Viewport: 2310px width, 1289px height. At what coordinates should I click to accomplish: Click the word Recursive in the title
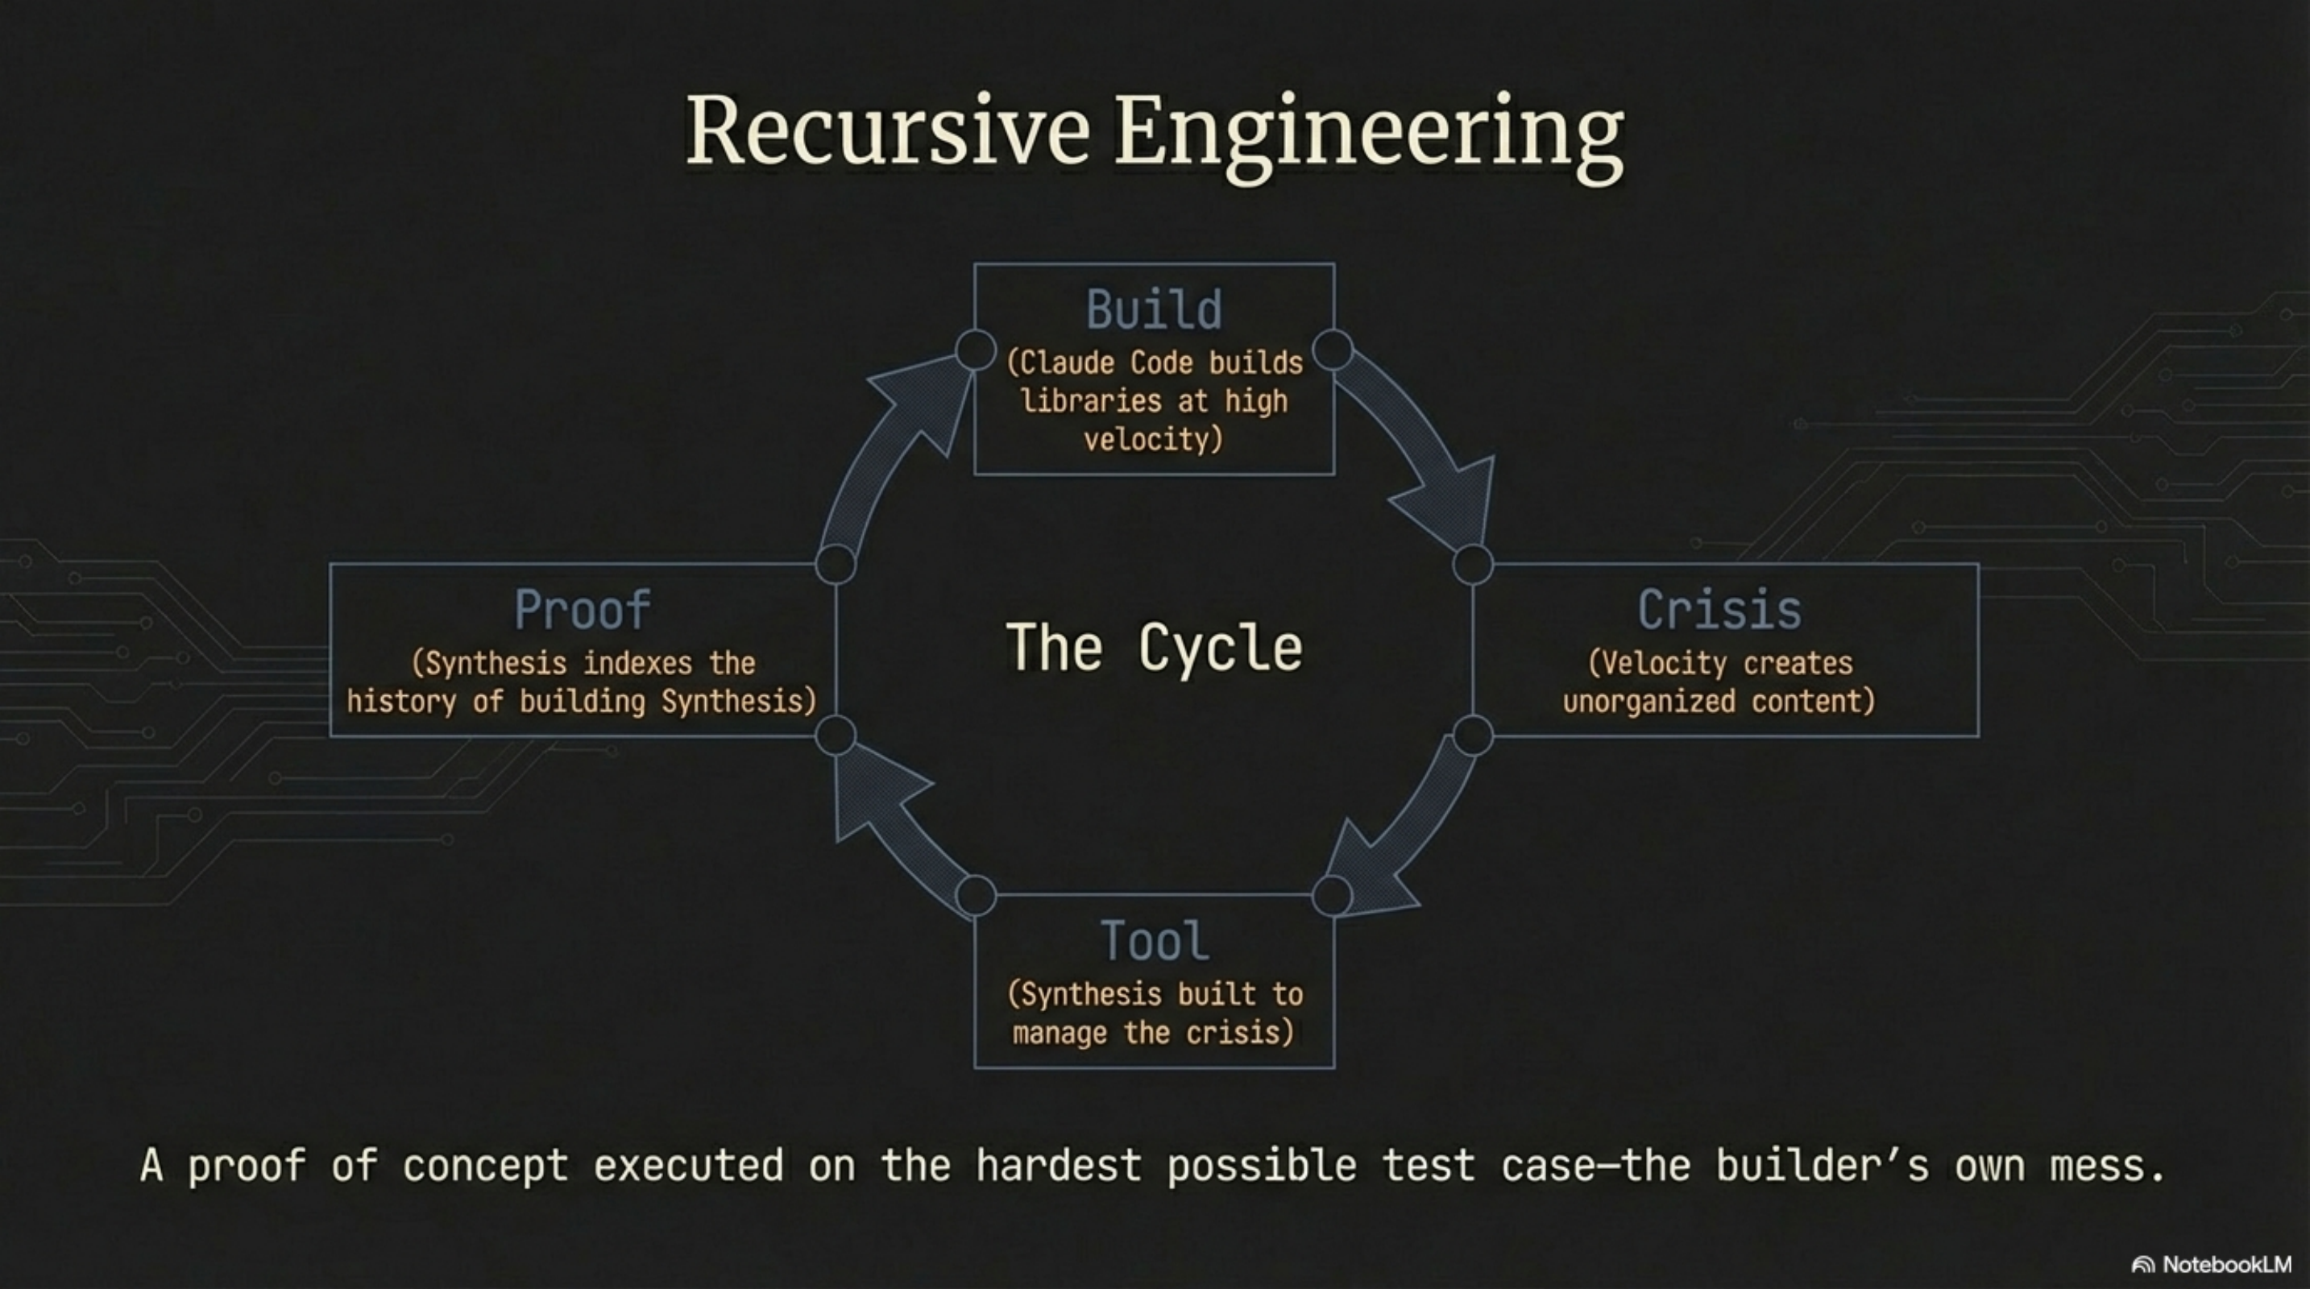[x=888, y=133]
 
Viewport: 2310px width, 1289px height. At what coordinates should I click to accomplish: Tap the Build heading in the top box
[x=1154, y=309]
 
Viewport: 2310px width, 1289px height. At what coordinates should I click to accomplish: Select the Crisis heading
[x=1719, y=611]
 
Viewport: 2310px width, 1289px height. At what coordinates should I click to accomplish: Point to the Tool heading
[x=1154, y=941]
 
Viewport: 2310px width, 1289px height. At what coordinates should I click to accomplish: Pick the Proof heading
[x=583, y=611]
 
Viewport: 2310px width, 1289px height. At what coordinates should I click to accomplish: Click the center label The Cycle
[x=1154, y=647]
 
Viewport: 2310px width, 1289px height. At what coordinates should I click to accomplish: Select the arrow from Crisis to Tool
[x=1399, y=834]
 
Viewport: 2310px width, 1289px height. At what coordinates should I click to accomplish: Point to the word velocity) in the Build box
[x=1153, y=439]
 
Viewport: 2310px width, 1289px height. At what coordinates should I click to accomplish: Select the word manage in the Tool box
[x=1059, y=1033]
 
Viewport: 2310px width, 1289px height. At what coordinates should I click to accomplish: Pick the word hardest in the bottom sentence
[x=1058, y=1165]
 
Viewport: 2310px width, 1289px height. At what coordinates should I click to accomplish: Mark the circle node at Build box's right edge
[x=1333, y=350]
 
